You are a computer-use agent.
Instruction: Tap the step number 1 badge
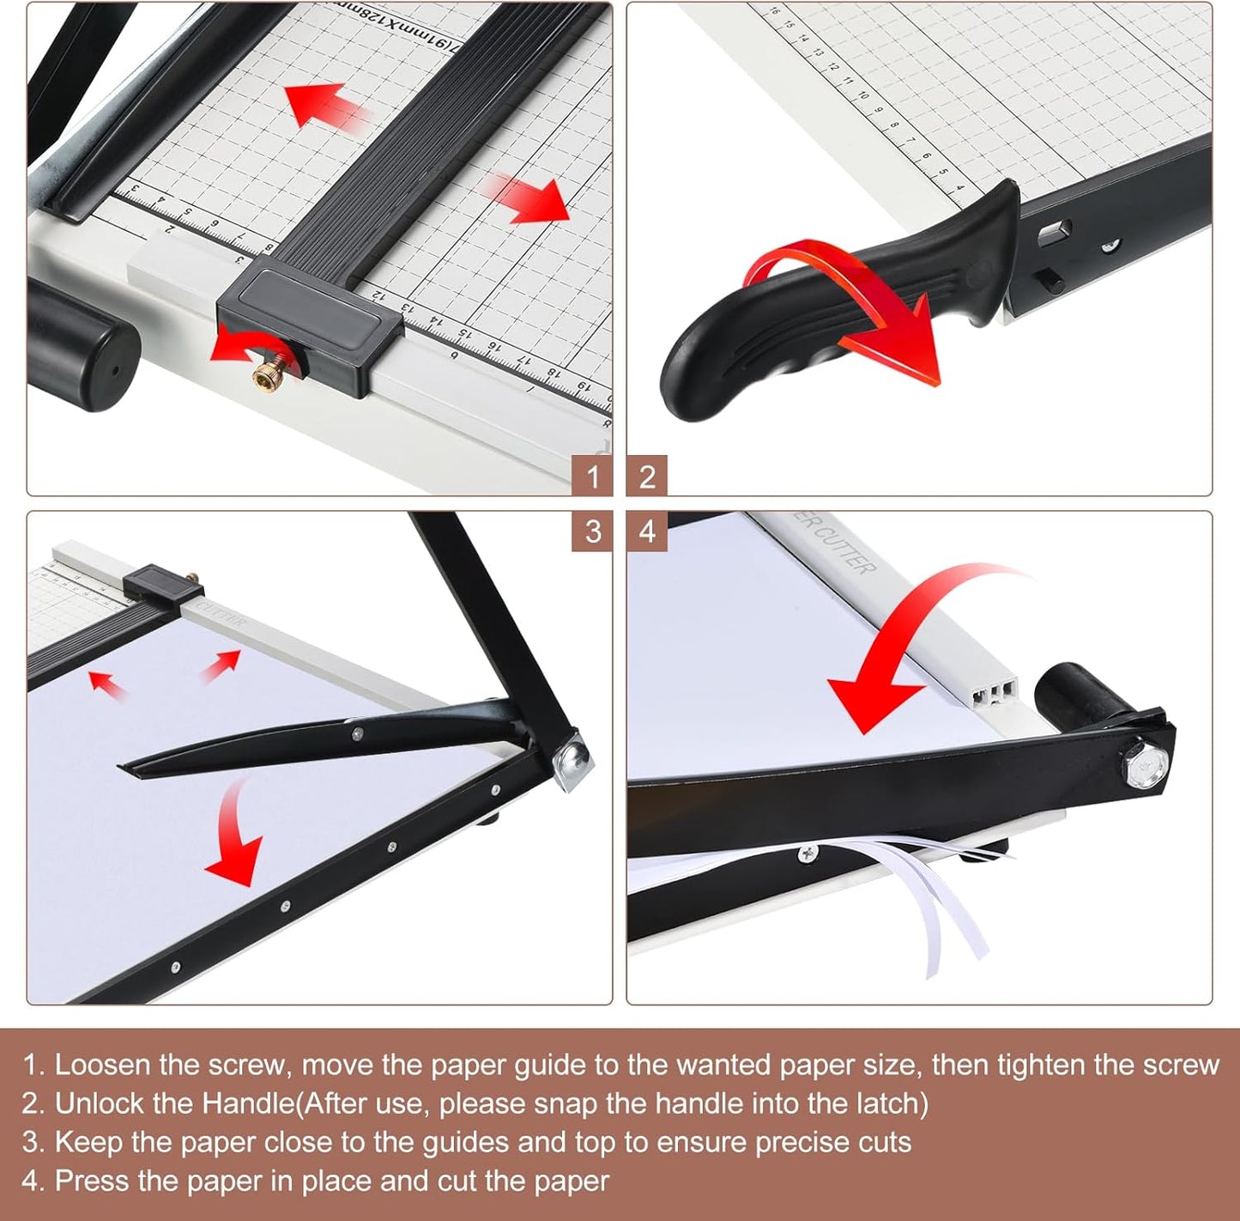(592, 476)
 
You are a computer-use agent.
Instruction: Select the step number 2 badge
(647, 476)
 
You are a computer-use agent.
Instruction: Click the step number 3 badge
(592, 532)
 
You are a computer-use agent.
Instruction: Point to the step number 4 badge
(647, 532)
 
